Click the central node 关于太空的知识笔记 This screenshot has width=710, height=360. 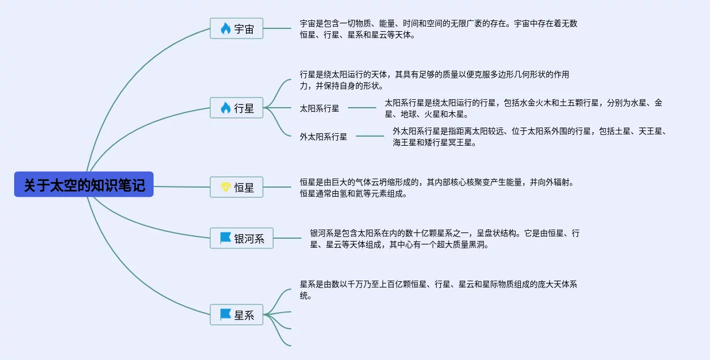coord(84,185)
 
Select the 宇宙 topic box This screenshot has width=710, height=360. coord(236,28)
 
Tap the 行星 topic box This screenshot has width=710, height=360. coord(236,108)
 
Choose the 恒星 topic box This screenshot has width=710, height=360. coord(236,187)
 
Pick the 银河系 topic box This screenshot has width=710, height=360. coord(241,238)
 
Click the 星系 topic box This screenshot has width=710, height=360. coord(236,315)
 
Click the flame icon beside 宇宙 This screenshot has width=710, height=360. coord(225,28)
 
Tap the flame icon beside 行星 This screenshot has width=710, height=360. coord(225,108)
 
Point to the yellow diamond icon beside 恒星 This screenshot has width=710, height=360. coord(225,187)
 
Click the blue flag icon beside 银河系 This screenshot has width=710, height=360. coord(225,238)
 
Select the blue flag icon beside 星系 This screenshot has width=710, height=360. coord(225,315)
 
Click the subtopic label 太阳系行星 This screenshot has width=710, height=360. coord(320,108)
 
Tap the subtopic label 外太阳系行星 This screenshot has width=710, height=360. coord(324,137)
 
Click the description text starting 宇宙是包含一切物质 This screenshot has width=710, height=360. coord(438,29)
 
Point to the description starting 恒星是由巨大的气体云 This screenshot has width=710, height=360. coord(436,188)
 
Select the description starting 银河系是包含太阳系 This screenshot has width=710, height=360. coord(444,239)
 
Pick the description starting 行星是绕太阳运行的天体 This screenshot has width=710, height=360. coord(434,80)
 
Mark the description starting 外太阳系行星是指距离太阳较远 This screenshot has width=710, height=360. coord(529,137)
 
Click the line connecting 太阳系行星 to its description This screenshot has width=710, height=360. coord(362,108)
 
